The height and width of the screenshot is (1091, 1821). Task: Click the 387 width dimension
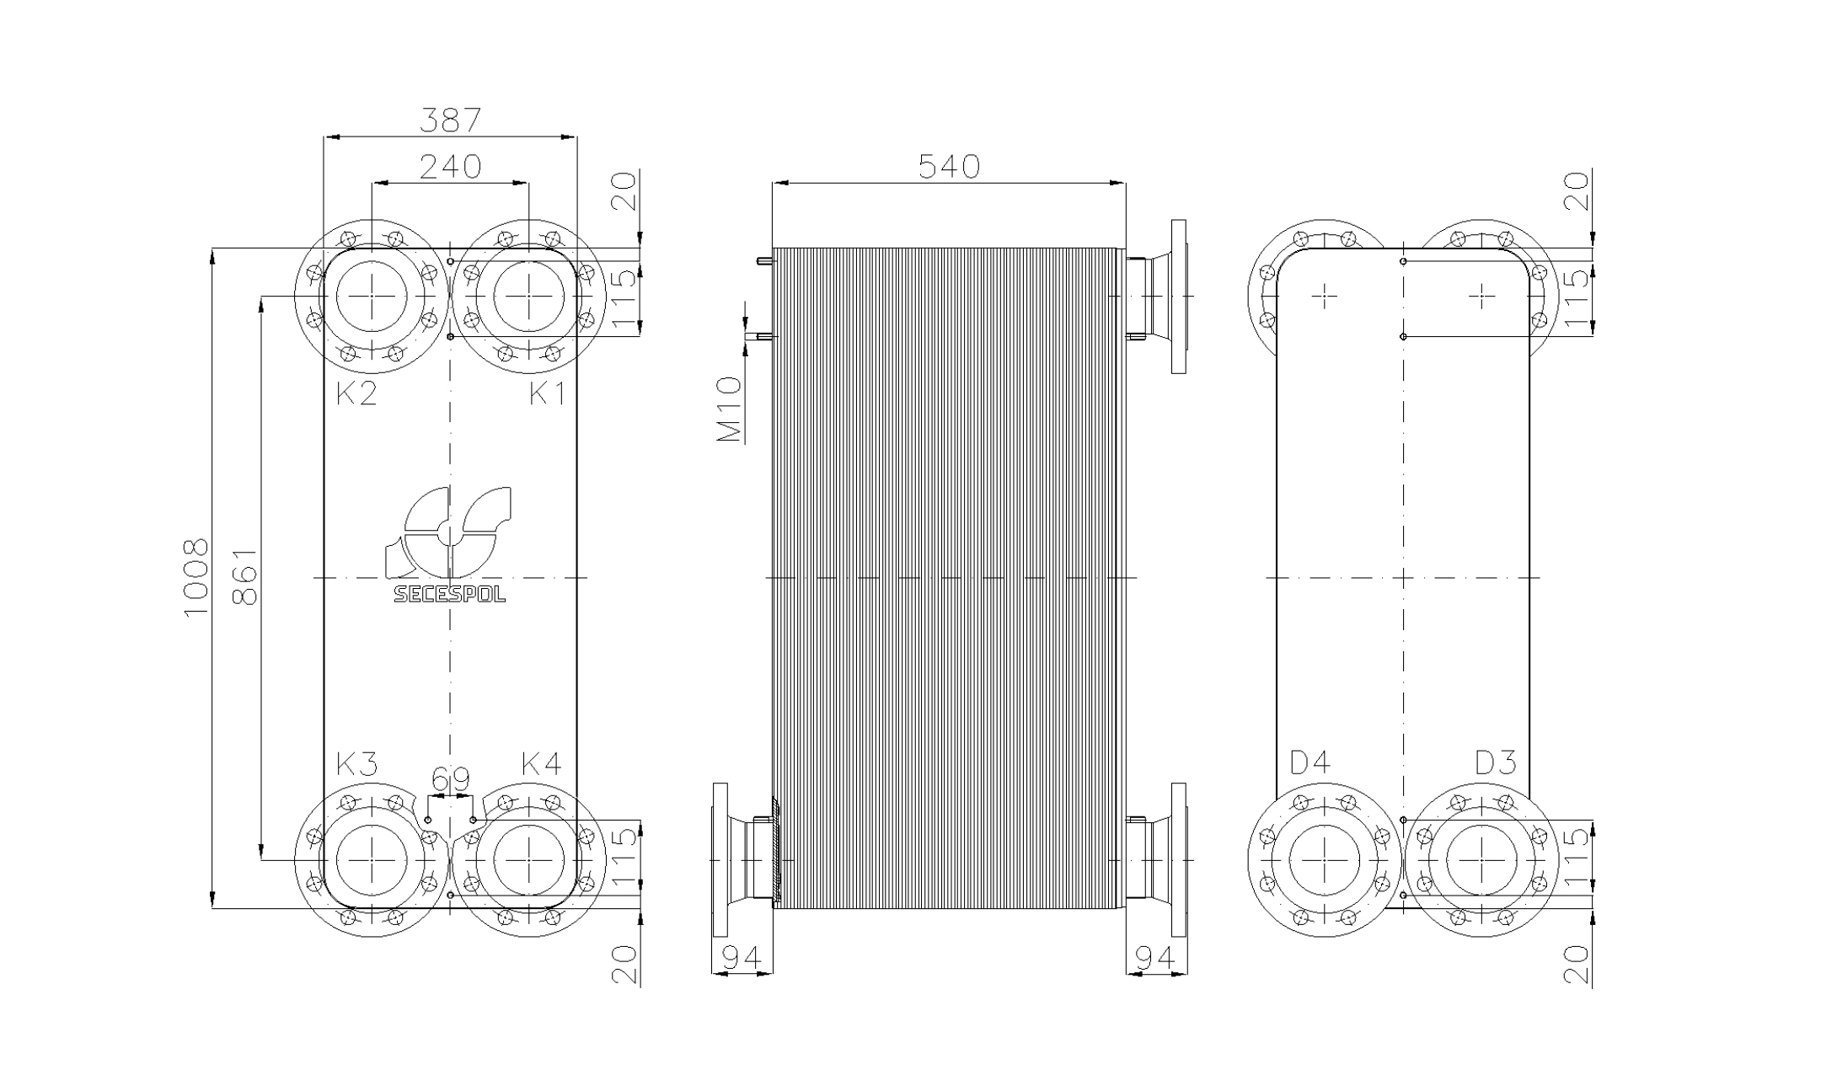pos(450,120)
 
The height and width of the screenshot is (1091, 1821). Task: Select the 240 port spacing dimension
pos(451,167)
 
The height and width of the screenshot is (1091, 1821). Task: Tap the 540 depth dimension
pos(949,167)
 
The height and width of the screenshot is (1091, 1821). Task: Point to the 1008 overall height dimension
pos(195,578)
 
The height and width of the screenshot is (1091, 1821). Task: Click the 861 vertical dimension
pos(244,577)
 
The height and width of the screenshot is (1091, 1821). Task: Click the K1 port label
pos(548,393)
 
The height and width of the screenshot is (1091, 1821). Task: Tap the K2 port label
pos(356,393)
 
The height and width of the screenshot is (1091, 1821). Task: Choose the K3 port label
pos(356,764)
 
